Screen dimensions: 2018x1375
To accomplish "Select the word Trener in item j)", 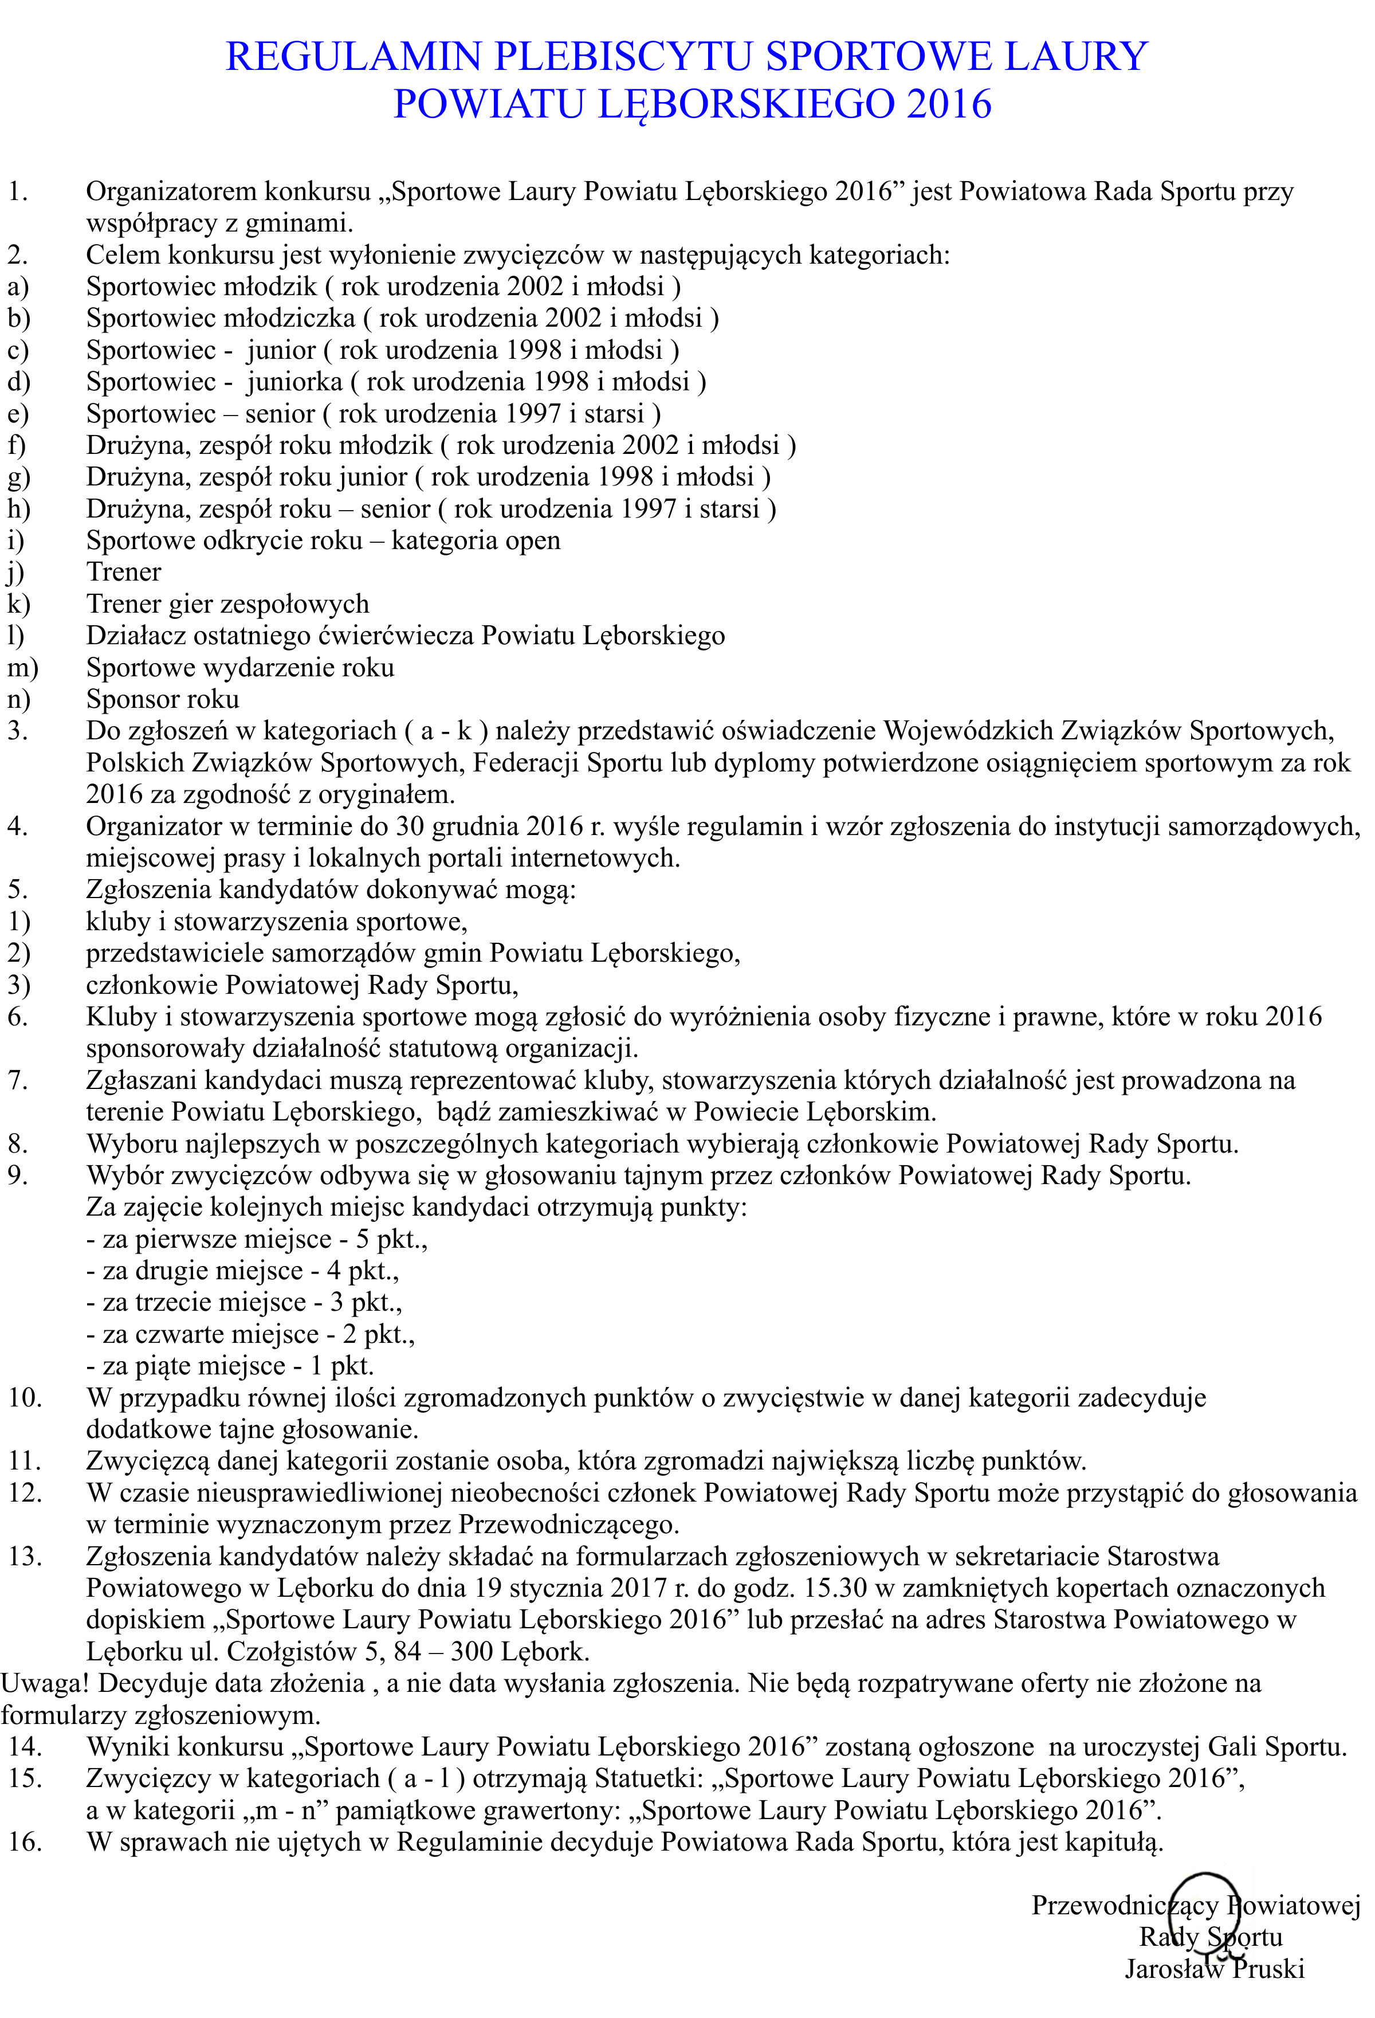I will click(123, 572).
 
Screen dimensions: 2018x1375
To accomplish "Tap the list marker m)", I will click(22, 668).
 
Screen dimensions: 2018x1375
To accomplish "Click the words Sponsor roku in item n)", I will click(162, 699).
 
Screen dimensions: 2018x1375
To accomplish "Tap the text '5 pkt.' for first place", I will click(391, 1239).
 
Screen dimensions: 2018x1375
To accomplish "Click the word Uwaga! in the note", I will click(45, 1683).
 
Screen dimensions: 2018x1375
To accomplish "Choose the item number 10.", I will click(25, 1398).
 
